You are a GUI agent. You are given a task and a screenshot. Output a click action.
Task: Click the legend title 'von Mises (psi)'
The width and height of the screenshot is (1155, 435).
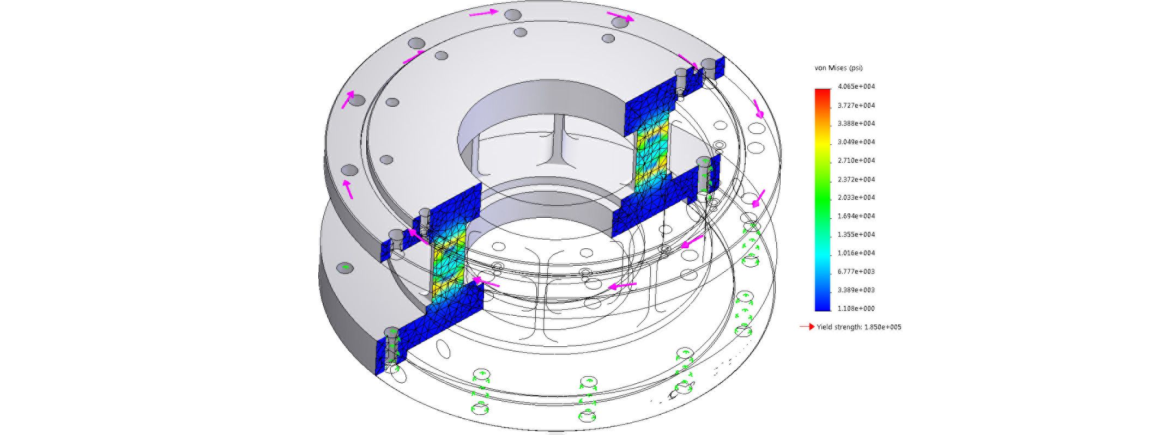coord(838,68)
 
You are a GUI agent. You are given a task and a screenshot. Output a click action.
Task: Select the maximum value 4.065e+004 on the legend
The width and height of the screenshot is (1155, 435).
coord(856,87)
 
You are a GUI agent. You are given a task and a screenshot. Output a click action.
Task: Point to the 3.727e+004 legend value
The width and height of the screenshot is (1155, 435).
coord(856,105)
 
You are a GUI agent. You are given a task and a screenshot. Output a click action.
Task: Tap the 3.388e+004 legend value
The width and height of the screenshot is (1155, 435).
coord(856,124)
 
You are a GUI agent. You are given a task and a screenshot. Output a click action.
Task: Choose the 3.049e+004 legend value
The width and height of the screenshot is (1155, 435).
coord(856,142)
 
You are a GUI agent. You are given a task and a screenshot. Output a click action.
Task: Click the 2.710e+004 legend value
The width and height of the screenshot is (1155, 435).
coord(856,161)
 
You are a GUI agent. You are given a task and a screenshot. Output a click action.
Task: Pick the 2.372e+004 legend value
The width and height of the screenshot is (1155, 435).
coord(856,179)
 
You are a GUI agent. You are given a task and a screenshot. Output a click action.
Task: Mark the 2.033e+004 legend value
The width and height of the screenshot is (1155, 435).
coord(856,198)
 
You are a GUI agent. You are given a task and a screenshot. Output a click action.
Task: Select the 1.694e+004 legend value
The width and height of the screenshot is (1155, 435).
coord(856,216)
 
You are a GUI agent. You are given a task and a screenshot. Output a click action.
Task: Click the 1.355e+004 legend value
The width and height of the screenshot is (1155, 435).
coord(856,235)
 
